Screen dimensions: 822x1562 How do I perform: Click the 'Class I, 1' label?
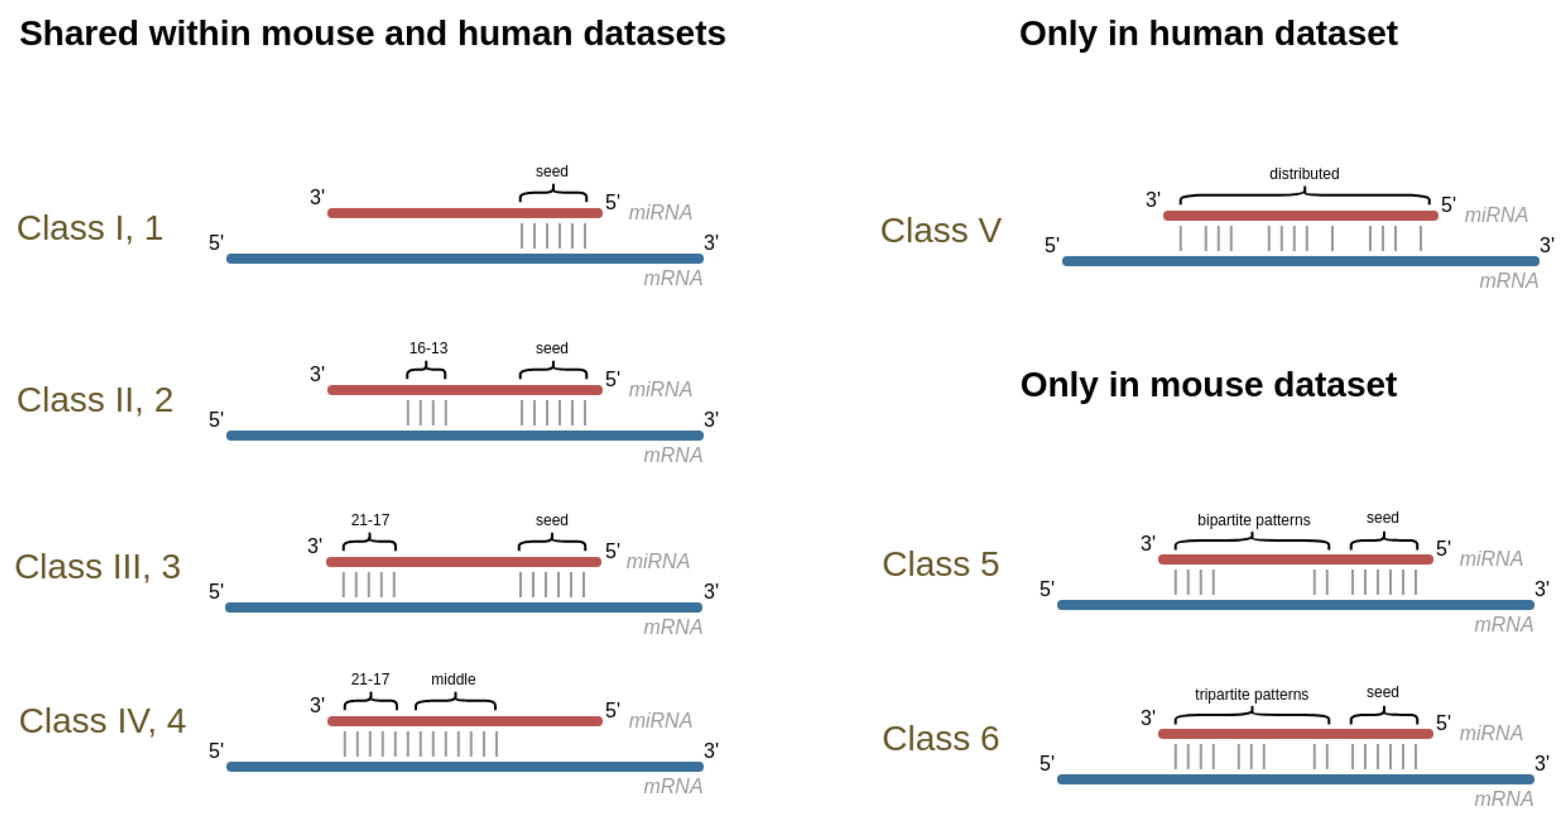90,229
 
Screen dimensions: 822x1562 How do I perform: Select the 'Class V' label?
940,231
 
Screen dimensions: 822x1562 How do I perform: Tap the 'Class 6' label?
940,739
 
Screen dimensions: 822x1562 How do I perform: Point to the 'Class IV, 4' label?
102,721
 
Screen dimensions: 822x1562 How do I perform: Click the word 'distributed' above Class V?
1304,174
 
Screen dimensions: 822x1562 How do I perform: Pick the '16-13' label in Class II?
428,348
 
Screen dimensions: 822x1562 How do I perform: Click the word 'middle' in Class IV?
453,679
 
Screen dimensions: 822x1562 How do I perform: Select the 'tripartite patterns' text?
1251,695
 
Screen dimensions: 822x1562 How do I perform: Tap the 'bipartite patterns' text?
1253,520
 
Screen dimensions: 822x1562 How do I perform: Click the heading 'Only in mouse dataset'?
1208,385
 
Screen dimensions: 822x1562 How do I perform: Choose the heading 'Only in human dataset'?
1208,33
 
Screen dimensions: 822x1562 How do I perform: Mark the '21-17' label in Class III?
370,520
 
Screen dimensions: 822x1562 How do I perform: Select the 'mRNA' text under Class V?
1509,281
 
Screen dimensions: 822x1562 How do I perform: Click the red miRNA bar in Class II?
464,390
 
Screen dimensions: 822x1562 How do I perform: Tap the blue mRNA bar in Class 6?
1295,780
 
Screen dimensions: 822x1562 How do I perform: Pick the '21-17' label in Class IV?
370,679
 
